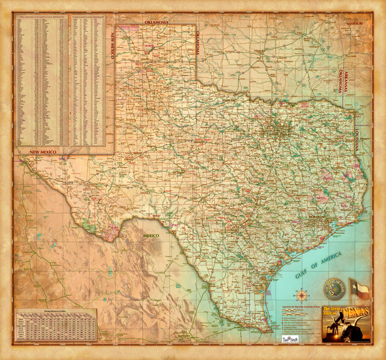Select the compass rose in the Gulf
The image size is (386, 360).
pyautogui.click(x=301, y=295)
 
